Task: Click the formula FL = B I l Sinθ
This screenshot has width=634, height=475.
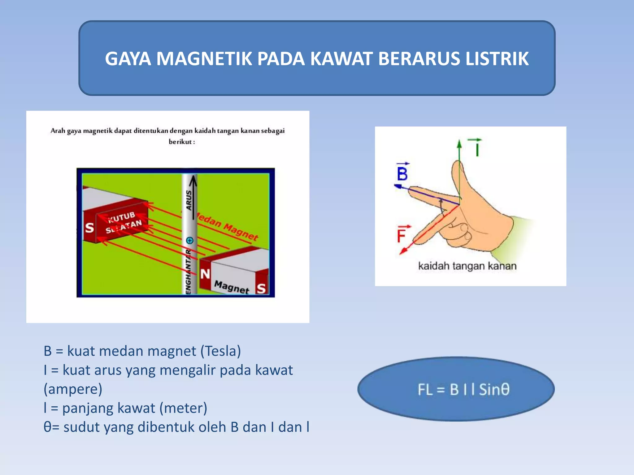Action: (463, 389)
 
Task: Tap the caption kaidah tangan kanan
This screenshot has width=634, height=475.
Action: (467, 266)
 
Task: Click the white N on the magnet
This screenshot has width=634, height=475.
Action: (205, 274)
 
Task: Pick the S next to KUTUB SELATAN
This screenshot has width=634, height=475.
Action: (89, 228)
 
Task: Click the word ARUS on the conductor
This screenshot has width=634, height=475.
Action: (189, 200)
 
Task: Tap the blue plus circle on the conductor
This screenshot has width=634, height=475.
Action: (190, 240)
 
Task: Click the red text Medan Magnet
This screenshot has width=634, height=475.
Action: (228, 228)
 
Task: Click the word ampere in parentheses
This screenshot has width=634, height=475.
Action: (73, 389)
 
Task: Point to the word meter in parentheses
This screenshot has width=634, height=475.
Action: (183, 408)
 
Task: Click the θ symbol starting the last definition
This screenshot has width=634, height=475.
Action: (47, 427)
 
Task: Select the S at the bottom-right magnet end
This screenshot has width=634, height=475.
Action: (261, 289)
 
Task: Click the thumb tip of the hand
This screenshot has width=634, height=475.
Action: (458, 165)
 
